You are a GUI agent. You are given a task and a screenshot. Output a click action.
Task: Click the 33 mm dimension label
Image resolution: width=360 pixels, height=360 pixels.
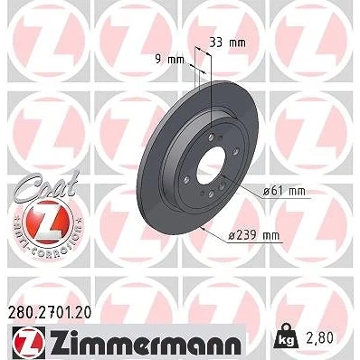click(x=227, y=43)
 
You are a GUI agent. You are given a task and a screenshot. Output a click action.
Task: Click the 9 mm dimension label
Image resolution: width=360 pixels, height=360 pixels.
click(x=169, y=60)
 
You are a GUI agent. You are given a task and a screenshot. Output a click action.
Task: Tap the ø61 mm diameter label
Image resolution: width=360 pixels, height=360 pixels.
click(x=284, y=191)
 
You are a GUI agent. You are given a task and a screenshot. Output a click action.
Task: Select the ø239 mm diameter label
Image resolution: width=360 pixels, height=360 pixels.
click(x=253, y=235)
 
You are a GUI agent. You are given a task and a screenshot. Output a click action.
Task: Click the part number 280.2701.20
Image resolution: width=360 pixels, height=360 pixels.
click(x=49, y=313)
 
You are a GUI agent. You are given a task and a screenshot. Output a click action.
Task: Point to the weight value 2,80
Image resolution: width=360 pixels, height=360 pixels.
click(x=319, y=338)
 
